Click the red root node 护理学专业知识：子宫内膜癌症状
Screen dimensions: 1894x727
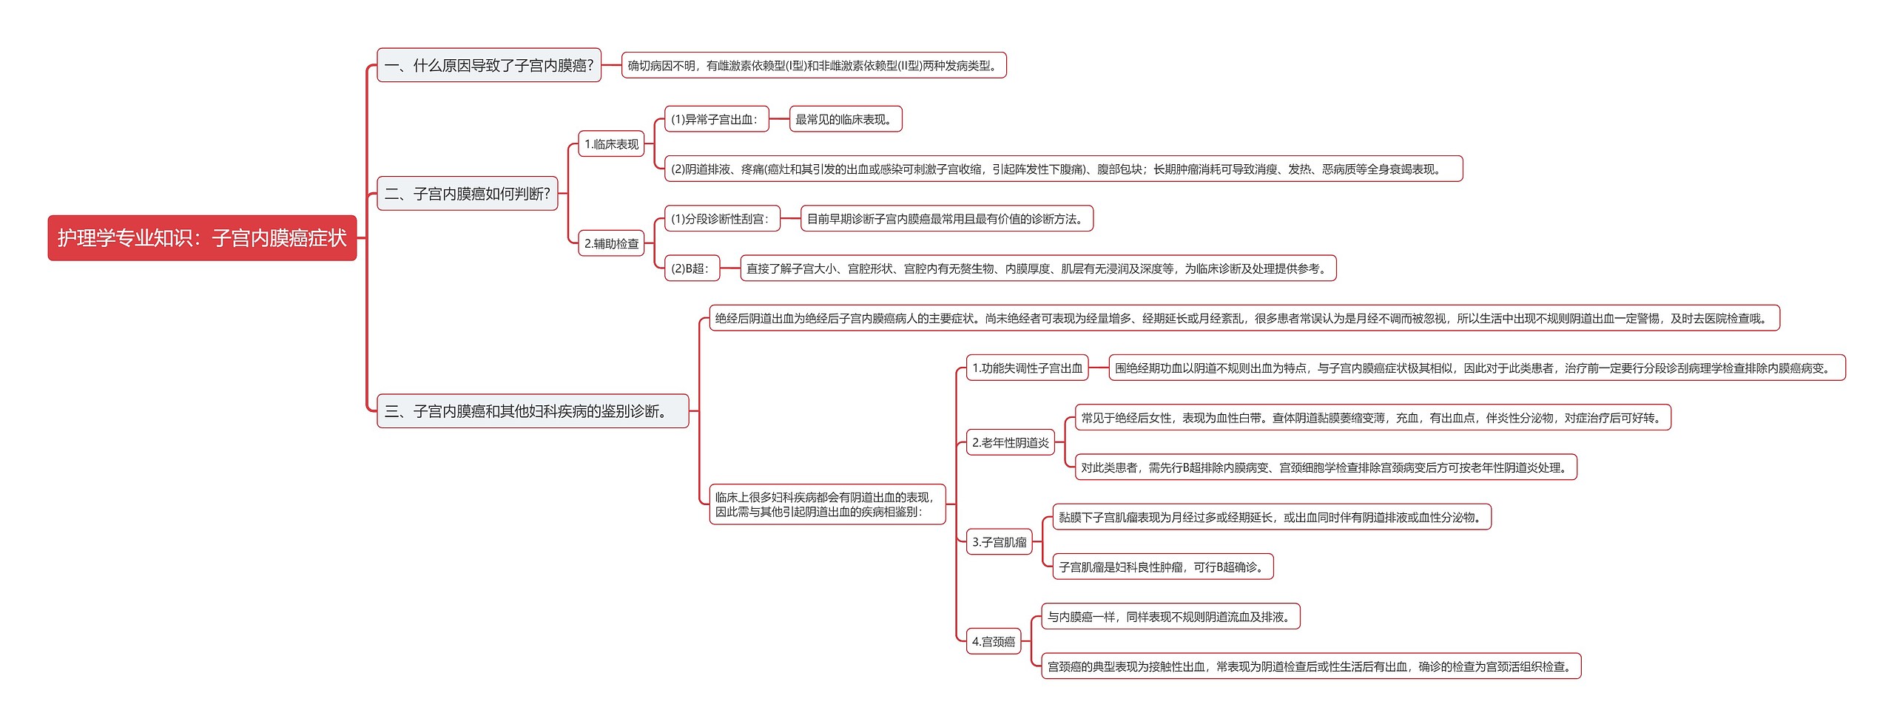[202, 238]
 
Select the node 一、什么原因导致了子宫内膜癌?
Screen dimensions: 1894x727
[488, 66]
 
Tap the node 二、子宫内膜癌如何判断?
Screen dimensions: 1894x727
[467, 194]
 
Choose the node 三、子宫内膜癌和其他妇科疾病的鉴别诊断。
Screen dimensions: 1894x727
[532, 411]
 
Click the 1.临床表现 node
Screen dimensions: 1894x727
[611, 144]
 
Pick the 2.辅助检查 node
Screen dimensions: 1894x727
[611, 243]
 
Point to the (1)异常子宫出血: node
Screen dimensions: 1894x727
[715, 119]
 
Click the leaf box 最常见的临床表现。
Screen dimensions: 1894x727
[845, 119]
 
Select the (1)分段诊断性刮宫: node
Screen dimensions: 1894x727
[721, 219]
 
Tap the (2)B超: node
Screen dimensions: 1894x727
[691, 268]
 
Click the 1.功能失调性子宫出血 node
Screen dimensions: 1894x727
[1027, 368]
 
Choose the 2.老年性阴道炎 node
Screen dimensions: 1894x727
[1010, 443]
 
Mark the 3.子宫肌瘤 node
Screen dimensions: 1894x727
[999, 542]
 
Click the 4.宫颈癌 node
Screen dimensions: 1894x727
[993, 642]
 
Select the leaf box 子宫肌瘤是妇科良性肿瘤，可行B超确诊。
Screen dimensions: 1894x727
[1162, 567]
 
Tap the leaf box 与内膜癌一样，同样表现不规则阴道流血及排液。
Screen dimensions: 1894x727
[1170, 617]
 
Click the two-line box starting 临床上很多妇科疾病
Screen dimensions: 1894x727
[826, 504]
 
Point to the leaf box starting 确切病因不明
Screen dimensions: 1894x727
[813, 66]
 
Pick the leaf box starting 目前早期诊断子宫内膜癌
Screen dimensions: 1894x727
[946, 219]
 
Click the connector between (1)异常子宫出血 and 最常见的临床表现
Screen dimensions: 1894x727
[779, 119]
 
